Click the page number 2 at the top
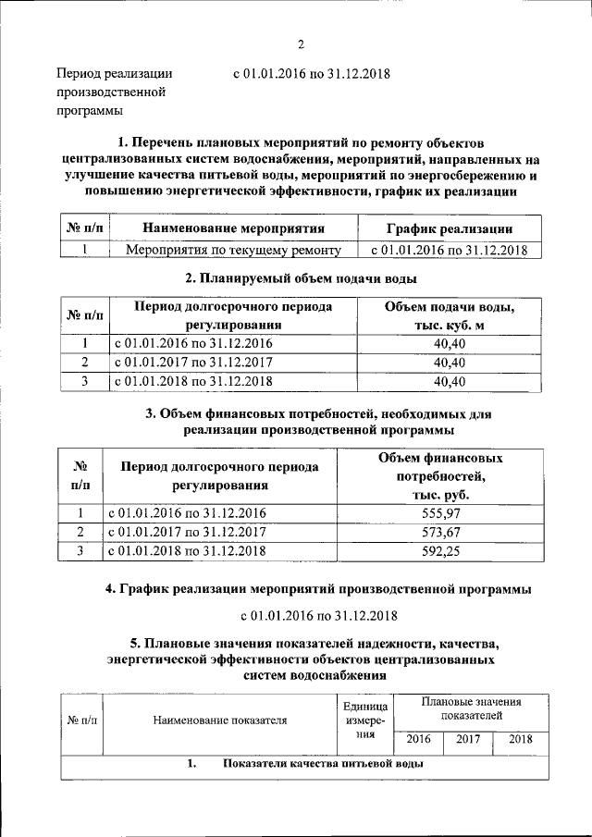point(301,45)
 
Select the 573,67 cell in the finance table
point(440,532)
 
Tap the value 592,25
point(440,551)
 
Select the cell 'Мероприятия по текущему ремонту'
point(233,250)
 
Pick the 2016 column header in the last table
point(418,740)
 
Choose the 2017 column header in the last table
point(468,740)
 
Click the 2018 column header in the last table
point(520,740)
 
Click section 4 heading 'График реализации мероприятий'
point(318,588)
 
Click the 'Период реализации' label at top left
point(114,73)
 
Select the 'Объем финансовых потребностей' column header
point(440,476)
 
